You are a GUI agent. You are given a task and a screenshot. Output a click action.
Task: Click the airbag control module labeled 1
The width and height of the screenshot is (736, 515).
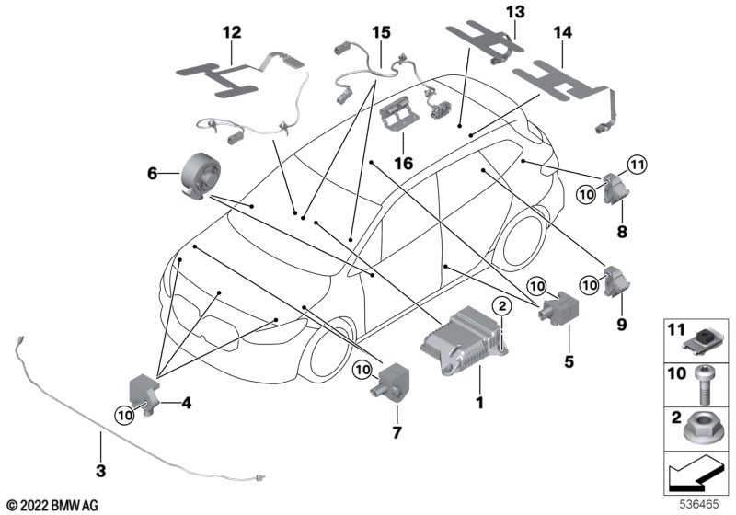click(463, 339)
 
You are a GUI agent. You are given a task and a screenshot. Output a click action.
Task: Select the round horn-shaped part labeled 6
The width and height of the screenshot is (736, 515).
click(201, 174)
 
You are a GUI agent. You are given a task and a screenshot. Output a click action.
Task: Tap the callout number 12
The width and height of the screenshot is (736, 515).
click(232, 32)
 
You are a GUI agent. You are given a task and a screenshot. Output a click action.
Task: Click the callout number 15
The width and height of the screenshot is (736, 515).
click(381, 32)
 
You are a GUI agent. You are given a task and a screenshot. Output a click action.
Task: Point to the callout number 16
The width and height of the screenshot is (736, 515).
click(403, 163)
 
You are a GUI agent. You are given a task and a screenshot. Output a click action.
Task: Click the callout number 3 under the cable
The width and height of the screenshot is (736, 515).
click(101, 470)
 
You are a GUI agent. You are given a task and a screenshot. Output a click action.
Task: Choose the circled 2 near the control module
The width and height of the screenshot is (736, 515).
click(501, 307)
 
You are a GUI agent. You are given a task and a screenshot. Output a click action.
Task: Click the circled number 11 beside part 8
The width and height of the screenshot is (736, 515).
click(636, 165)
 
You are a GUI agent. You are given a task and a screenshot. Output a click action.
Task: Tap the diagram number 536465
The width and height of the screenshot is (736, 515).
click(699, 504)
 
